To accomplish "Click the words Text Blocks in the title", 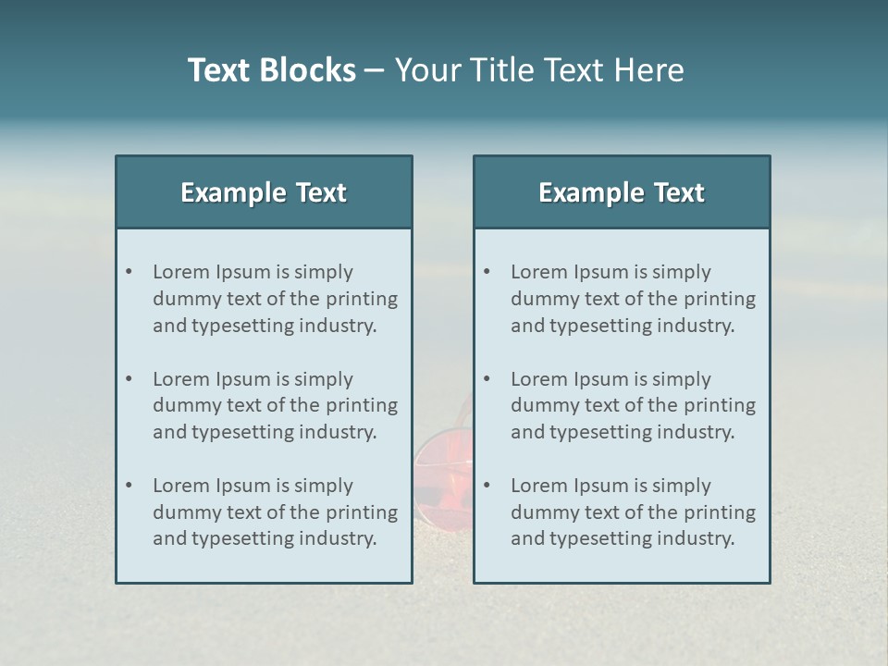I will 271,70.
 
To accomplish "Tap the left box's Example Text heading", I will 264,192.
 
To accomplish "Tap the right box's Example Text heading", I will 622,192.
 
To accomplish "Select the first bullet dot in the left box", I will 129,272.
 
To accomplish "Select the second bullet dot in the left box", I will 129,379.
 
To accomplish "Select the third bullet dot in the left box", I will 129,486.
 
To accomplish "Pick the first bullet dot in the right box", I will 487,272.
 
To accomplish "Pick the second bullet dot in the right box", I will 487,379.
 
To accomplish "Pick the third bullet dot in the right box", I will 487,486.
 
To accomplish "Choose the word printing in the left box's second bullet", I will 363,405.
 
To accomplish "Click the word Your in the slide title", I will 428,70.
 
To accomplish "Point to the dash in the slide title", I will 375,70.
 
